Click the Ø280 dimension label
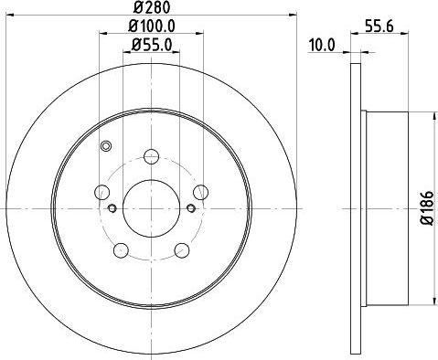click(x=151, y=7)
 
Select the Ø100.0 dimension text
click(x=152, y=26)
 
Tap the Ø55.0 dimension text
click(x=152, y=45)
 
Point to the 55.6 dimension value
click(x=379, y=26)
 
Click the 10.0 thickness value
click(x=322, y=45)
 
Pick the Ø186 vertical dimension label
click(x=427, y=208)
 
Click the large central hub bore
click(x=151, y=208)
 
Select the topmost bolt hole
click(x=151, y=157)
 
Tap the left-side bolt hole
click(x=102, y=192)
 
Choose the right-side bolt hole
click(x=201, y=192)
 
